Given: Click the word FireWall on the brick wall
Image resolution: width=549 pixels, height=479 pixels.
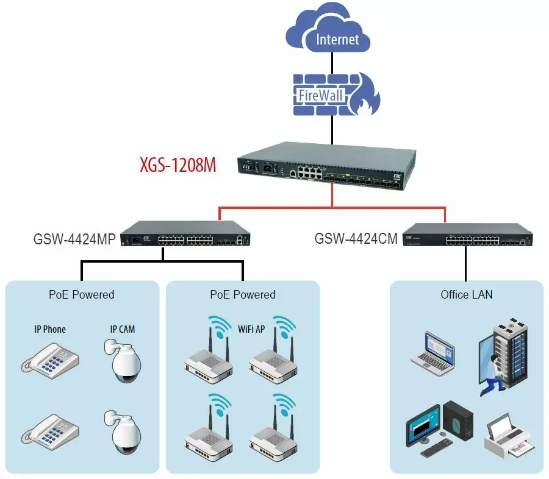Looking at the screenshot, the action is point(320,95).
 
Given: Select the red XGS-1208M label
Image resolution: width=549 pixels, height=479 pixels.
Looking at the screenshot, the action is point(178,165).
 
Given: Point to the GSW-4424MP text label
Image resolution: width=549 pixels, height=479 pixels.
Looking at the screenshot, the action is point(74,239).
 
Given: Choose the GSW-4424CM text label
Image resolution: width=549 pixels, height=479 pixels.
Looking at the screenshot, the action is point(356,239).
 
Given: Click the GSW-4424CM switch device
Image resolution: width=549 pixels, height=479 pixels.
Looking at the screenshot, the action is point(467,235).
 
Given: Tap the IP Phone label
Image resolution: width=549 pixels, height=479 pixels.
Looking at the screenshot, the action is point(50,329).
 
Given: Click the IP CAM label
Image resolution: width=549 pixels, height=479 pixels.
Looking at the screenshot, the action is point(123,329).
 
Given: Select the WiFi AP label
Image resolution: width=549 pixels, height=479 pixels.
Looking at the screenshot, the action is point(251,329).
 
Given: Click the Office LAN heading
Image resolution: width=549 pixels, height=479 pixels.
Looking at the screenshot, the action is point(467,294).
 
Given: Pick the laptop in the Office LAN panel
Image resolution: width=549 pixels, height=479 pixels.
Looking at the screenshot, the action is point(433,353).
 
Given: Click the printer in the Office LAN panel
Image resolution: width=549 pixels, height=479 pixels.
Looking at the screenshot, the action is point(509,436).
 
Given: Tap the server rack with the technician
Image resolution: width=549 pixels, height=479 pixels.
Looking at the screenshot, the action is point(503,357).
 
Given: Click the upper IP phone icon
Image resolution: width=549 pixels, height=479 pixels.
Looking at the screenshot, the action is point(50,360).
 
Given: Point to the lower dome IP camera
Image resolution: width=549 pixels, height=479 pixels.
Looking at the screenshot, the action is point(123,433).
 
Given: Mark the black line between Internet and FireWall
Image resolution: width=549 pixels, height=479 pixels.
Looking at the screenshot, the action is point(332,63).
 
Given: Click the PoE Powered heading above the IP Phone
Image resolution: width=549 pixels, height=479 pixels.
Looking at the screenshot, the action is point(82,294).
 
